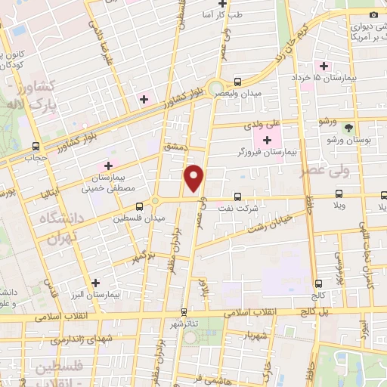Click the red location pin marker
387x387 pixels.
[195, 178]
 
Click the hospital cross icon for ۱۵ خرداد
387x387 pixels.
[324, 65]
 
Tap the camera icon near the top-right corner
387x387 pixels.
[373, 14]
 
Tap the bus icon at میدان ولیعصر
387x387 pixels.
[237, 82]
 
